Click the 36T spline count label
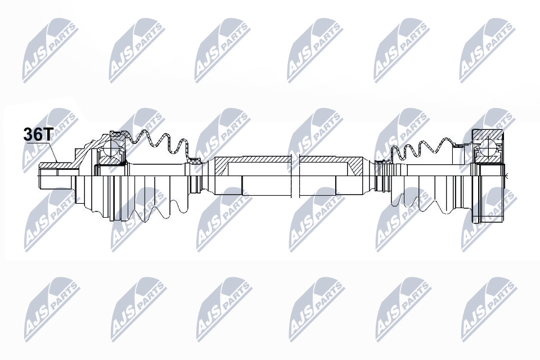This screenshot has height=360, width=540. [x=37, y=134]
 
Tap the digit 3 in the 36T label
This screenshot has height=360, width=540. [x=28, y=134]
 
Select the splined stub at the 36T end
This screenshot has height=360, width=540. [x=55, y=175]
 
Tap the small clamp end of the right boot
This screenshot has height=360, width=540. [x=383, y=163]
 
